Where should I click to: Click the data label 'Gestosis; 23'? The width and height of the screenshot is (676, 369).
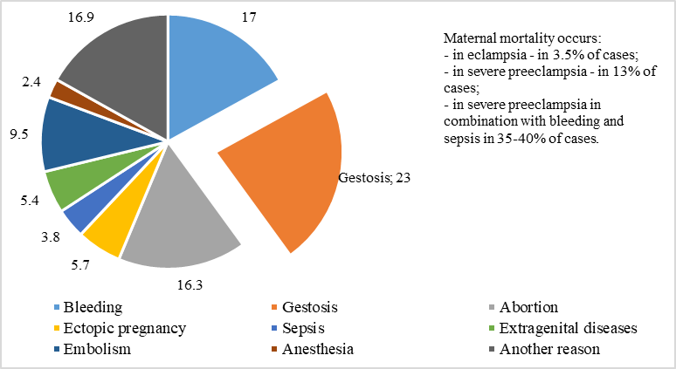(374, 177)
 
